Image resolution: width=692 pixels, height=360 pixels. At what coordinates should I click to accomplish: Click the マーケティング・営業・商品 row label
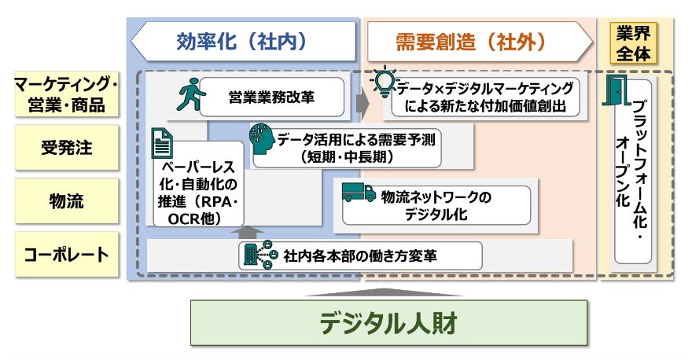66,94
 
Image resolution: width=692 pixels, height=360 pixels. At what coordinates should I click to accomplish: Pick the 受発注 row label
66,148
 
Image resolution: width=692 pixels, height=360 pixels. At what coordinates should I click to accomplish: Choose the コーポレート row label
66,255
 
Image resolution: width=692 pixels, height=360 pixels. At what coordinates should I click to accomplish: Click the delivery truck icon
359,193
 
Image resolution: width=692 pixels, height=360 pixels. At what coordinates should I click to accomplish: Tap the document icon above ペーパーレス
162,144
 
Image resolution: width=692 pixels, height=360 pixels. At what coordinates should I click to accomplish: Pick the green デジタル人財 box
388,322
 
